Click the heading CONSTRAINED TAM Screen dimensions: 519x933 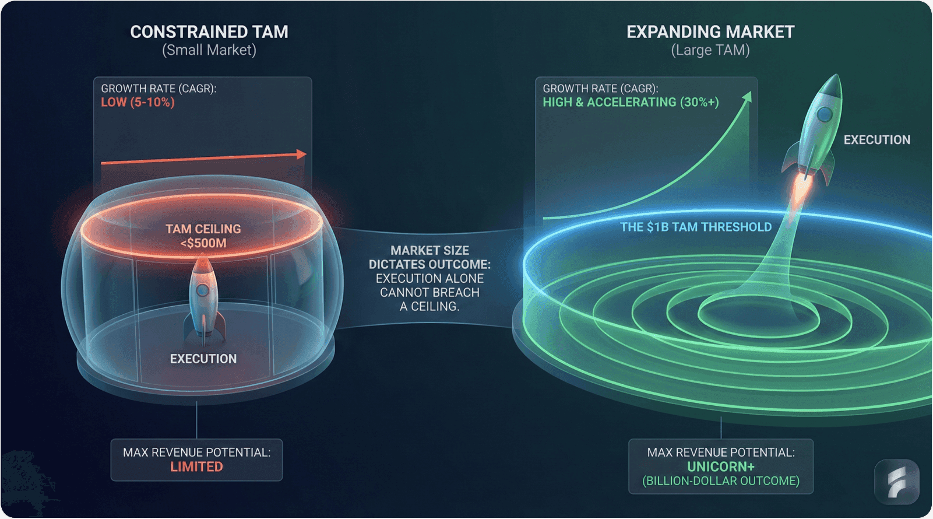(209, 32)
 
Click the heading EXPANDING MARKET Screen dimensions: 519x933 (710, 32)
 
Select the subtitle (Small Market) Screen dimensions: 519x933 (209, 51)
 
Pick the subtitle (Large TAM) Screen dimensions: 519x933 (710, 51)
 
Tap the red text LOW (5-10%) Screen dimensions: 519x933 (138, 103)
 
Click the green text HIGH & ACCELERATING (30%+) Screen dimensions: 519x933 (631, 103)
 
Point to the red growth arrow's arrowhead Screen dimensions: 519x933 (301, 154)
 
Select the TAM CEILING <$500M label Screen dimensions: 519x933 (203, 236)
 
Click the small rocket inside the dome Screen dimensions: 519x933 (203, 297)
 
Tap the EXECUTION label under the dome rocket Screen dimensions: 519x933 (203, 359)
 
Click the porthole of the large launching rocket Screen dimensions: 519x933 (823, 114)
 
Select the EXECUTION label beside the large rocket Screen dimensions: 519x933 (876, 140)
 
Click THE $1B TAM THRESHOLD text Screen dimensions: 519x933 (696, 227)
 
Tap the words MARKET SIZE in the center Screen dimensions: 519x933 (429, 251)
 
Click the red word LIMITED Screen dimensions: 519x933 (196, 467)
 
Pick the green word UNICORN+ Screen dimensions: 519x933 (720, 467)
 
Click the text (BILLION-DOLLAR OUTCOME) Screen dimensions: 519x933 (720, 482)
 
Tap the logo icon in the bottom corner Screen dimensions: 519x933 (896, 482)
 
